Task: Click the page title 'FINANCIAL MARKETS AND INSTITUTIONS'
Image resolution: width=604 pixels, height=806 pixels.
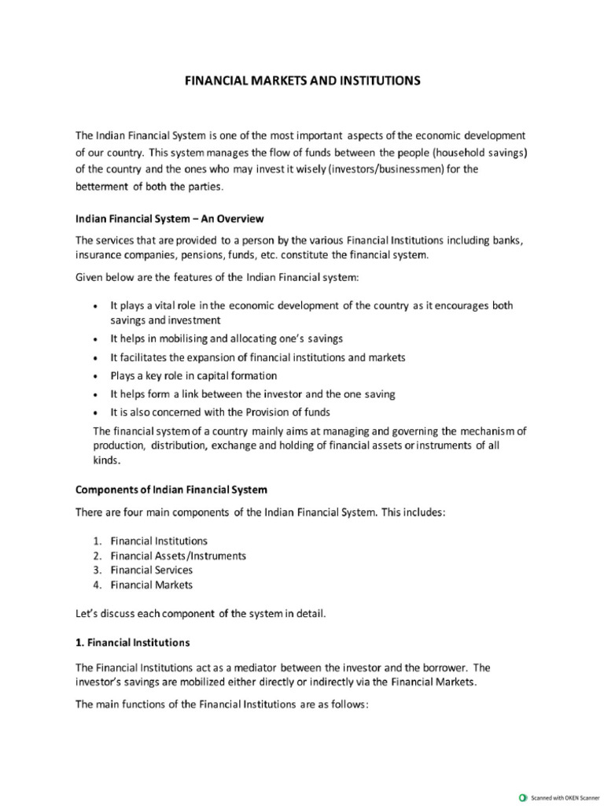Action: coord(302,80)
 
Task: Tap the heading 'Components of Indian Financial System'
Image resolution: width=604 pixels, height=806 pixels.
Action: coord(171,489)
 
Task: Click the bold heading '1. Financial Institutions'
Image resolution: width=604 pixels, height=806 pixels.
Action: coord(132,642)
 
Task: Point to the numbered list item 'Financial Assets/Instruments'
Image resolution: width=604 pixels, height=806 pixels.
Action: coord(178,556)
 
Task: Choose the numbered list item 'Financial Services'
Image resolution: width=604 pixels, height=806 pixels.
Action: coord(151,570)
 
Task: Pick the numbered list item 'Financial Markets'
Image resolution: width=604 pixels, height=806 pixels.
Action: coord(151,585)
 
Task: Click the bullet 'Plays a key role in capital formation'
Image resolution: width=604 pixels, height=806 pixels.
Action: coord(193,375)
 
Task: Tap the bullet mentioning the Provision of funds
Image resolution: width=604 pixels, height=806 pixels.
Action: coord(219,412)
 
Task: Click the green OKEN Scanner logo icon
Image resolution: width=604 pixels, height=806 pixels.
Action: coord(523,797)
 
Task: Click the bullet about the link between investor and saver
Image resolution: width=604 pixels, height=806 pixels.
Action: coord(252,394)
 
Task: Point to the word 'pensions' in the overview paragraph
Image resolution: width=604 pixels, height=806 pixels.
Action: coord(208,255)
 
